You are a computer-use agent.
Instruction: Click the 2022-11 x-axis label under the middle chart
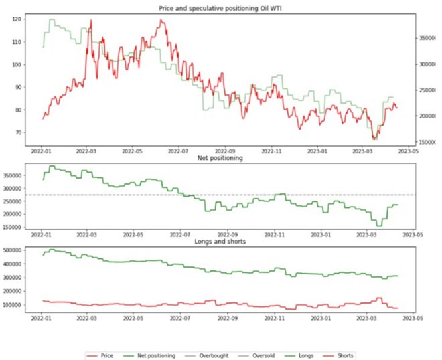coord(275,236)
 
